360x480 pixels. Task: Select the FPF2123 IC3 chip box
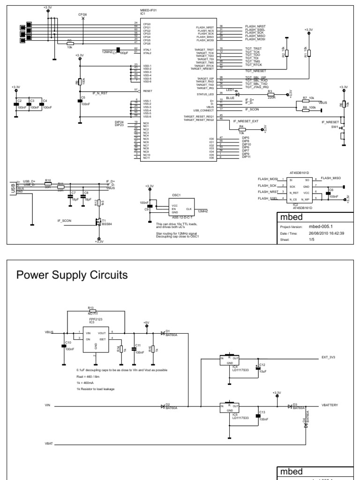[x=96, y=339]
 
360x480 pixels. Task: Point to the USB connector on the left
[x=13, y=187]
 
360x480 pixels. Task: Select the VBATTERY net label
[x=333, y=404]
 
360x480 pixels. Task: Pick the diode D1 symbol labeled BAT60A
[x=163, y=334]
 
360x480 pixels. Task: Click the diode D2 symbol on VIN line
[x=163, y=406]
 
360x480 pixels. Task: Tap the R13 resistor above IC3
[x=92, y=311]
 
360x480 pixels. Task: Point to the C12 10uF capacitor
[x=257, y=368]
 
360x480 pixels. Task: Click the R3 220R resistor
[x=270, y=94]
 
